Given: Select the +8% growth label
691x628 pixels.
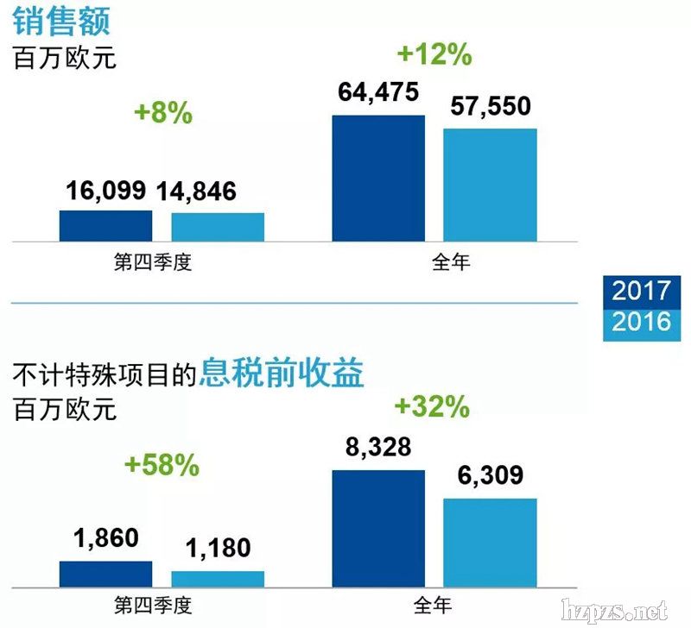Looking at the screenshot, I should pyautogui.click(x=163, y=113).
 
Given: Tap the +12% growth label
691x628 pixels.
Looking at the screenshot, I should pyautogui.click(x=434, y=54).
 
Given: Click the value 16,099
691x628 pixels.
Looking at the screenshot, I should pyautogui.click(x=107, y=192).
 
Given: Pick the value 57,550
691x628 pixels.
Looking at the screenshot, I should pyautogui.click(x=490, y=107).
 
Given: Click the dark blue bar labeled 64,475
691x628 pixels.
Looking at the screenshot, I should pyautogui.click(x=378, y=178).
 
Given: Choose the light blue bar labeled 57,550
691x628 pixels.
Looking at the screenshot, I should pyautogui.click(x=490, y=185).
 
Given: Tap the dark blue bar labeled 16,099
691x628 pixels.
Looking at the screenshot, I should pyautogui.click(x=105, y=225).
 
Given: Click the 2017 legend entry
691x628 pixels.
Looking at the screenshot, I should pyautogui.click(x=641, y=290).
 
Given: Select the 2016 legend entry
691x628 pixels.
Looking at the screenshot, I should pyautogui.click(x=641, y=322).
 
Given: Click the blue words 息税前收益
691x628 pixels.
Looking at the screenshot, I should pyautogui.click(x=282, y=374).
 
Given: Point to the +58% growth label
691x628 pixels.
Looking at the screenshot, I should pyautogui.click(x=162, y=466).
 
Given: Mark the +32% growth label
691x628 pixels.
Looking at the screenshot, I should pyautogui.click(x=432, y=406).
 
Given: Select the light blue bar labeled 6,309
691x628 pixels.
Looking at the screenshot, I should pyautogui.click(x=490, y=542).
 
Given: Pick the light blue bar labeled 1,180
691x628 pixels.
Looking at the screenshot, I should pyautogui.click(x=218, y=578).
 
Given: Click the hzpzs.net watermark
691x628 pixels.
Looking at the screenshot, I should pyautogui.click(x=614, y=610).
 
